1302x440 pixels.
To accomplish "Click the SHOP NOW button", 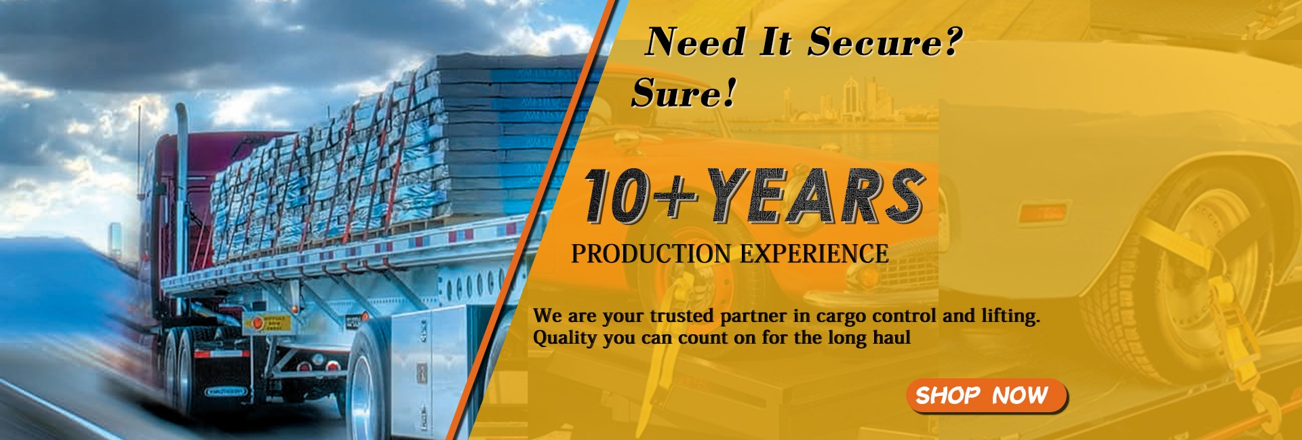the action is (x=987, y=395).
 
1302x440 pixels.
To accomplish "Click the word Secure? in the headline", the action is (x=884, y=42).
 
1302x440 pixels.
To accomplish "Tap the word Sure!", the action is (x=684, y=93).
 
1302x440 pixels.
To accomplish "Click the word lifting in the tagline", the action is (x=1010, y=317).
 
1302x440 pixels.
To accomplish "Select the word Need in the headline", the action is (x=696, y=42).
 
